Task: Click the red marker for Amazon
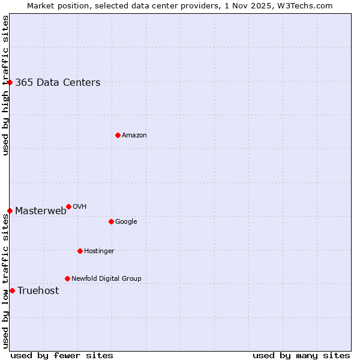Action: tap(118, 135)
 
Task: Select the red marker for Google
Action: tap(111, 221)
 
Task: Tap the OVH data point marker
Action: tap(68, 206)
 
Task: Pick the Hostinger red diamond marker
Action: tap(80, 251)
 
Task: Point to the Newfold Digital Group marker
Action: tap(67, 278)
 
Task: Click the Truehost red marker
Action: tap(12, 290)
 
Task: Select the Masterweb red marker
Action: tap(10, 211)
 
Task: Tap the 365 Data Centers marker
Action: tap(10, 82)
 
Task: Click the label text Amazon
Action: tap(134, 136)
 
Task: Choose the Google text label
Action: tap(126, 222)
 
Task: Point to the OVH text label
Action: tap(79, 207)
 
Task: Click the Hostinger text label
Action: tap(99, 251)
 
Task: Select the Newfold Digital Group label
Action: tap(106, 279)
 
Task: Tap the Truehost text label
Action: tap(38, 291)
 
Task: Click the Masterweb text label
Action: tap(40, 211)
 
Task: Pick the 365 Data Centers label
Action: tap(58, 83)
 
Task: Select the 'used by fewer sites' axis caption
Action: tap(62, 356)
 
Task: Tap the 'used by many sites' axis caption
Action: tap(301, 356)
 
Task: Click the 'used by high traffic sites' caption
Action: tap(5, 85)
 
